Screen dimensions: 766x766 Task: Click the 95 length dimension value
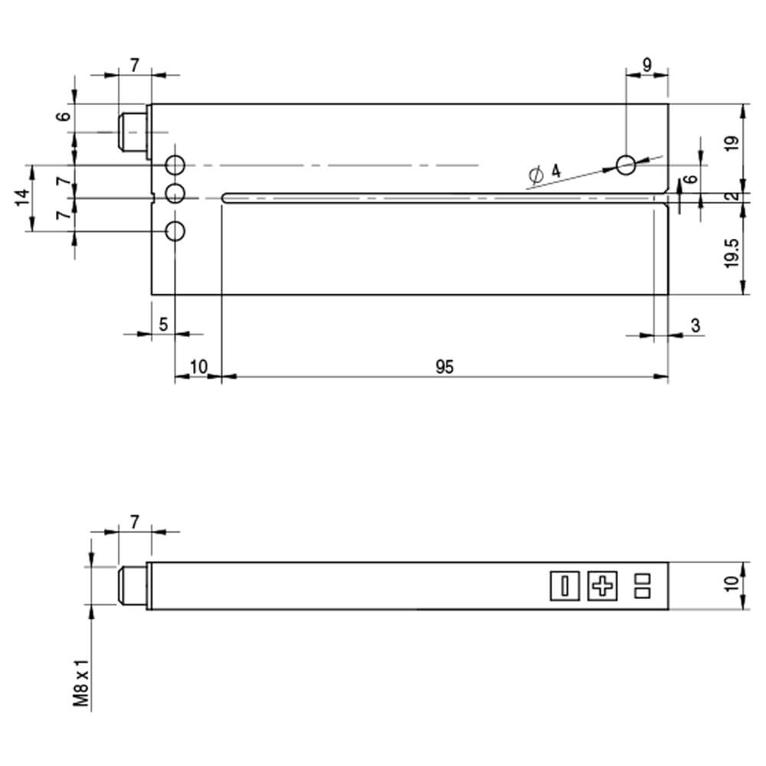(x=444, y=366)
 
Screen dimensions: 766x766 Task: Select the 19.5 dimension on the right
(x=732, y=253)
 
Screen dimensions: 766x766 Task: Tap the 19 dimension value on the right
(x=732, y=142)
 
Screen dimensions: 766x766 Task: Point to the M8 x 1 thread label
(x=81, y=683)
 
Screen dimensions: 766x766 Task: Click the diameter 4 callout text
(x=545, y=173)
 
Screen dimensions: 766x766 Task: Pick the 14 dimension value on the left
(x=22, y=197)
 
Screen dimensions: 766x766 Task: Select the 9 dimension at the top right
(x=647, y=64)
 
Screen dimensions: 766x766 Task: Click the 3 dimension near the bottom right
(x=696, y=325)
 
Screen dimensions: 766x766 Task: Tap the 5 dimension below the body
(x=163, y=324)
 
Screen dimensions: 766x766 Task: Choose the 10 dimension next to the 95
(x=199, y=366)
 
